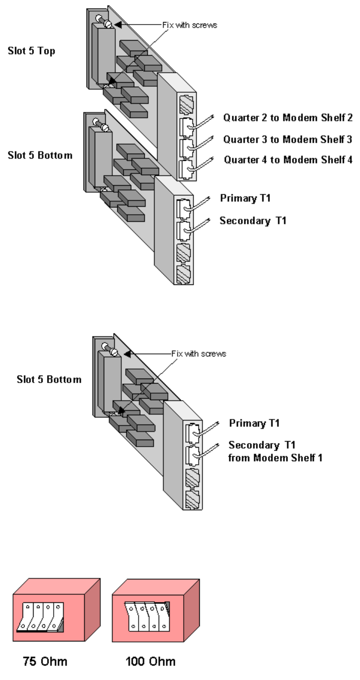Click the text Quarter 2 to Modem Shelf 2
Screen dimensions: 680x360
(x=288, y=118)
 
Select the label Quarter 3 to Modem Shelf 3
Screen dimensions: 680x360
(x=288, y=139)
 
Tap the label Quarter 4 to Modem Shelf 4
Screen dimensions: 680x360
(x=288, y=160)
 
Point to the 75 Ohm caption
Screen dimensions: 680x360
(x=45, y=661)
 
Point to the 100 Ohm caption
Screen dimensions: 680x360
(x=150, y=661)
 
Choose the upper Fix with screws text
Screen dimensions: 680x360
(x=190, y=25)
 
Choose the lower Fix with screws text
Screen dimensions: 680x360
(x=199, y=354)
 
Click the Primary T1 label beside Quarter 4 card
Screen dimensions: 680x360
(x=245, y=198)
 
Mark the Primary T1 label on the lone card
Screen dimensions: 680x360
(x=254, y=423)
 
